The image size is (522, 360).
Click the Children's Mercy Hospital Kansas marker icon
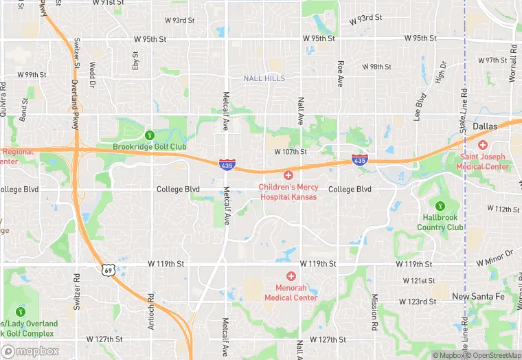288,176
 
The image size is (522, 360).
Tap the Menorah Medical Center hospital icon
291,275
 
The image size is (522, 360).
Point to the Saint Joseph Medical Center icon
484,145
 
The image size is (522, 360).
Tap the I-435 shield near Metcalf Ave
226,165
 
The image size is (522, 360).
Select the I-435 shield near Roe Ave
359,159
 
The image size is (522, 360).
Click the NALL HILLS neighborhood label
264,79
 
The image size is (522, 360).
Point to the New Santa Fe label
478,296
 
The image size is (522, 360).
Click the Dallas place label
485,126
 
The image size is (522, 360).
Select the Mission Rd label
374,310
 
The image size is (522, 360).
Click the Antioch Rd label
150,311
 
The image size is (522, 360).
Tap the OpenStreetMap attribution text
493,355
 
